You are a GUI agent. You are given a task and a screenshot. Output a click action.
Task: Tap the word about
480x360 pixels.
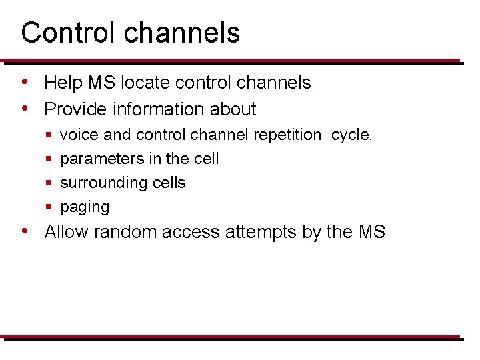tap(233, 109)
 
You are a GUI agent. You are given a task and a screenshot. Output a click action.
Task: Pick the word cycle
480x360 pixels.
tap(351, 135)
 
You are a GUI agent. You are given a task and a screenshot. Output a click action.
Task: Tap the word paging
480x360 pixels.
tap(85, 207)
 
